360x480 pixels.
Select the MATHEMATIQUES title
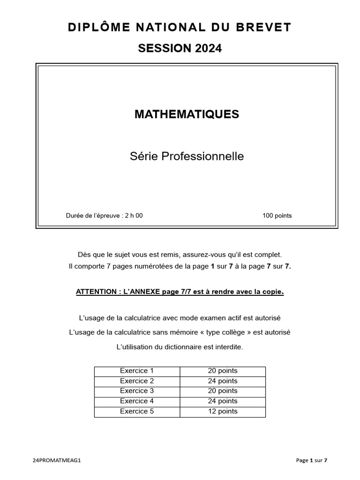pos(187,114)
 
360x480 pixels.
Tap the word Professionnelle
pos(202,157)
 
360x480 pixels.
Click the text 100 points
pos(277,216)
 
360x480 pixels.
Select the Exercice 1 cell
pos(137,371)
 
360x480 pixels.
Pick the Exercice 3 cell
pos(137,391)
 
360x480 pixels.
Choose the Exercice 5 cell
pos(137,412)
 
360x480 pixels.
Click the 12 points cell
pos(223,412)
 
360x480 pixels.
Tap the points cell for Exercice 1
pos(223,371)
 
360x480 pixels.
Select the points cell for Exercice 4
pos(223,401)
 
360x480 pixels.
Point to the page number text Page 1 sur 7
pos(312,460)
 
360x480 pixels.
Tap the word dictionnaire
pos(192,347)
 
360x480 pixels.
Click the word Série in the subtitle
pos(144,157)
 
